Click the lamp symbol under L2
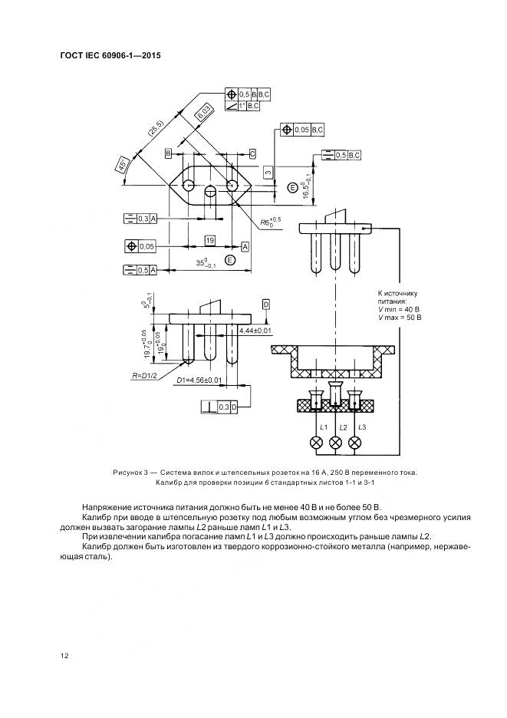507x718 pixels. point(335,443)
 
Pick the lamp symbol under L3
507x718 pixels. point(354,443)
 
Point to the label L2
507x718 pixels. point(343,427)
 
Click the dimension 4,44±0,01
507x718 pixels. point(256,330)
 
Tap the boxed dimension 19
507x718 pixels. point(209,241)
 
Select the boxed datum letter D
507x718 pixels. point(266,305)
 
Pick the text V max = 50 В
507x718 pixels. point(400,317)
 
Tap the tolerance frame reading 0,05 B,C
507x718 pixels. point(303,130)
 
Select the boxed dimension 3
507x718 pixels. point(268,173)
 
